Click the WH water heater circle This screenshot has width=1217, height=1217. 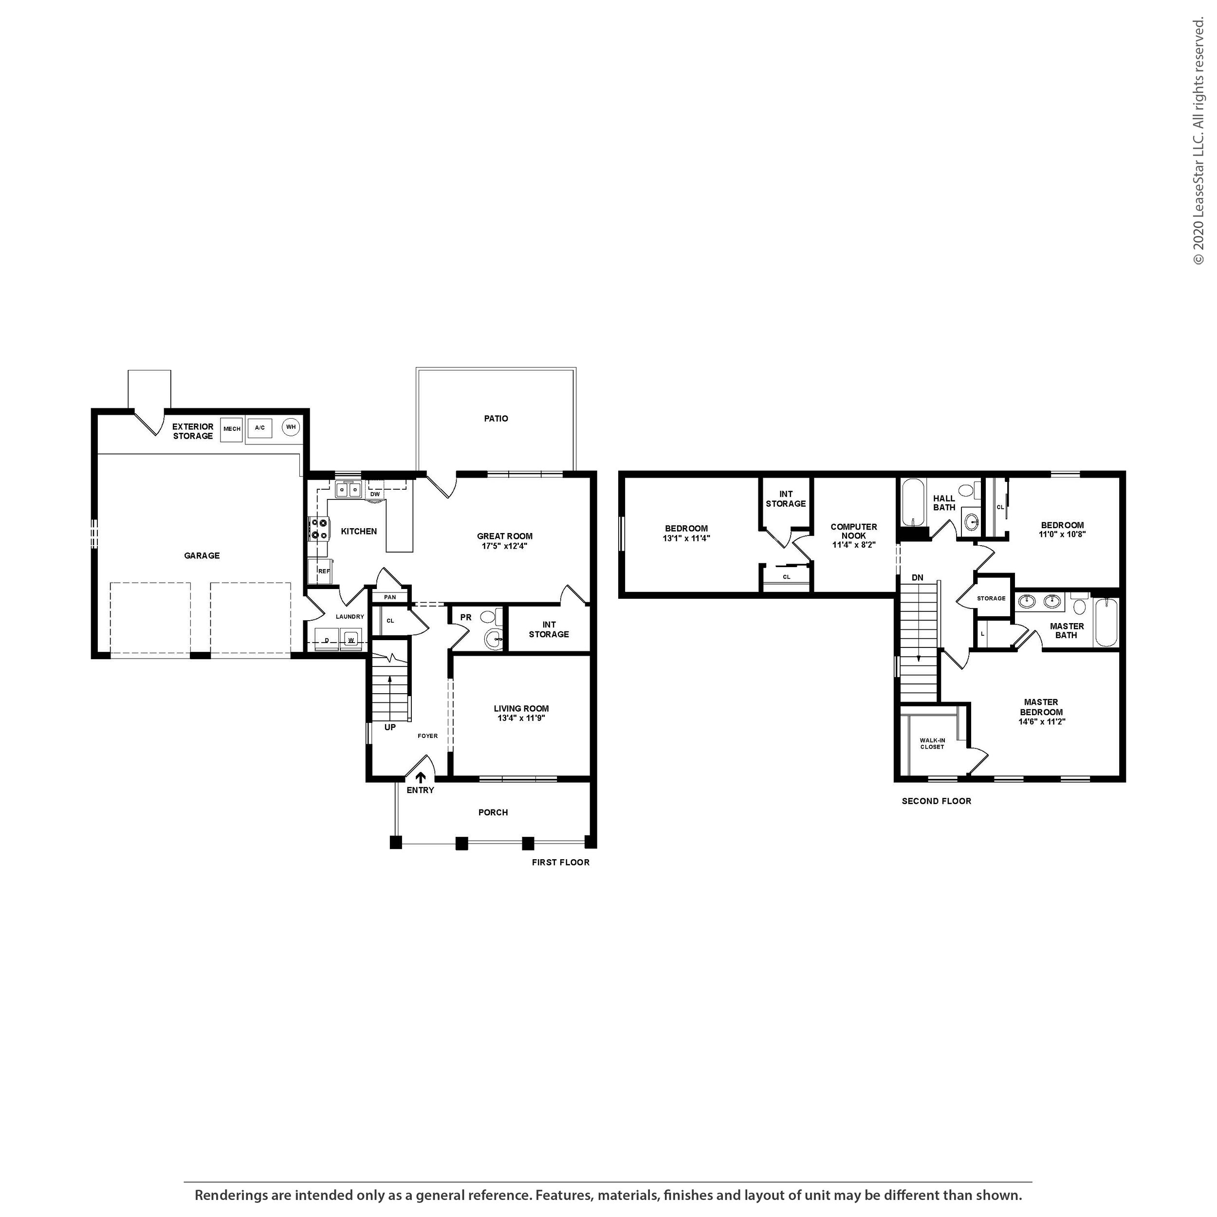291,427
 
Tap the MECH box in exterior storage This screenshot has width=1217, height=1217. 232,429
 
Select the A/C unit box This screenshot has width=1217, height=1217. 259,428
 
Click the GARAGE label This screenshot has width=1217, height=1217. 202,555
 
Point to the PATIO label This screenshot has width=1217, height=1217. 496,418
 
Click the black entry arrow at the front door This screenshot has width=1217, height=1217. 421,778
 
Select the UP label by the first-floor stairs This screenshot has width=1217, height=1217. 390,727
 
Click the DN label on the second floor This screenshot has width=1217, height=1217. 917,578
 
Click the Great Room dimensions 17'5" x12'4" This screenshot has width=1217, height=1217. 504,546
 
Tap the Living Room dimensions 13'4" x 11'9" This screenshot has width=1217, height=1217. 521,718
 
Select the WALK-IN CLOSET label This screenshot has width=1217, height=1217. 932,744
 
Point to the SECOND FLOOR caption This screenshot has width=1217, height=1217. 937,801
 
